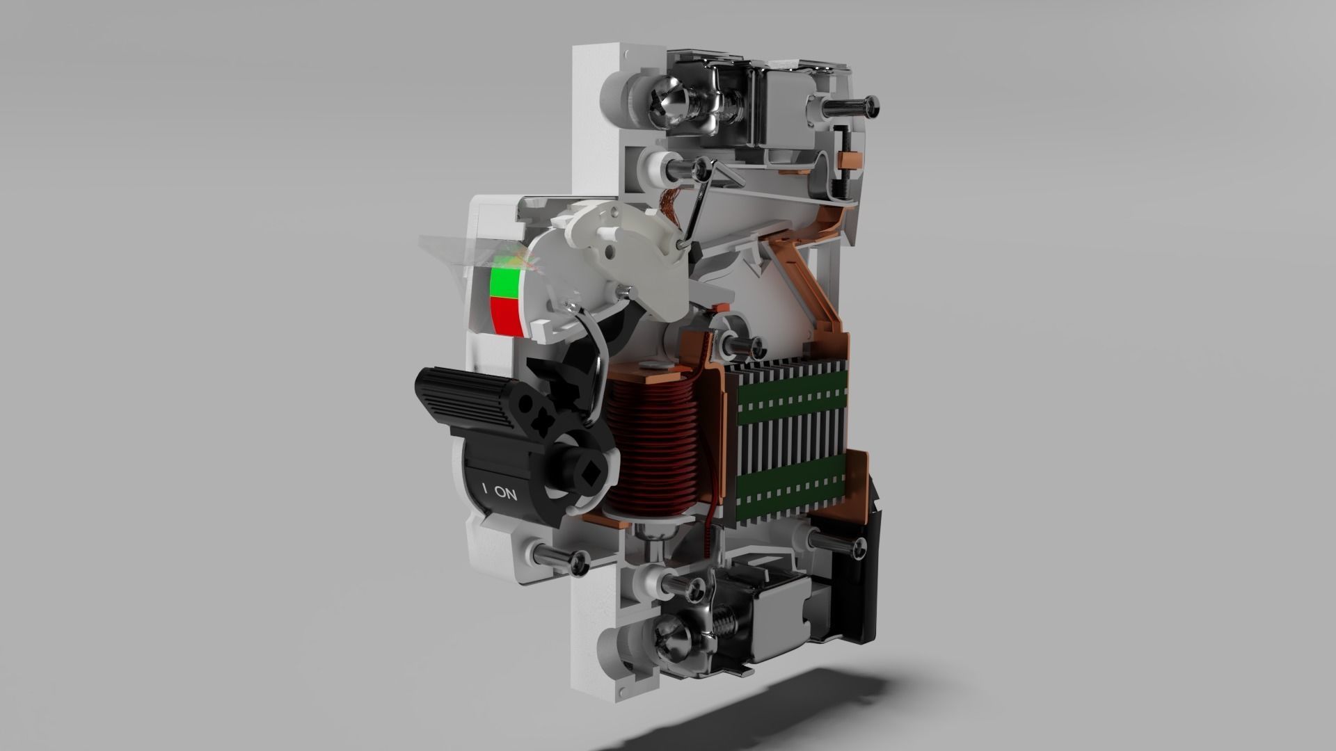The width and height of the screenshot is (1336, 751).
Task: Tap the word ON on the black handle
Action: point(506,495)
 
